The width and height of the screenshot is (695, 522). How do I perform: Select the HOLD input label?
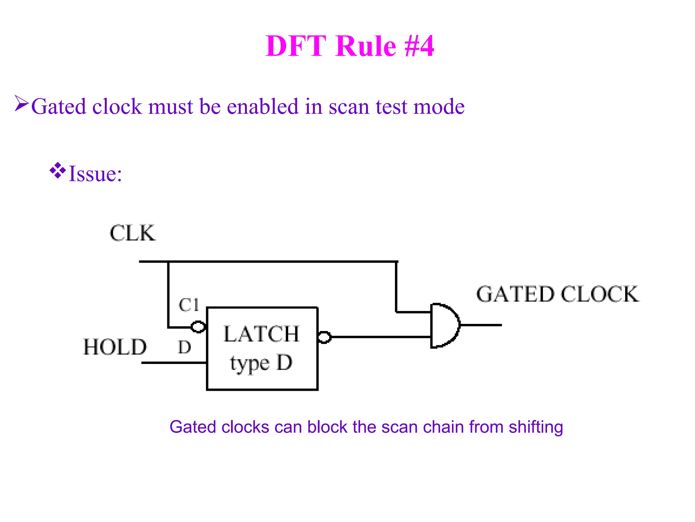(x=115, y=347)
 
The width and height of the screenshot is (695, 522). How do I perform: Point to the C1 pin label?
(x=189, y=305)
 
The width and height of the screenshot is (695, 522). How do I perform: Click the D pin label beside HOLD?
(x=185, y=348)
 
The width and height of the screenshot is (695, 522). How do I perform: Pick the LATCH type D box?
(x=262, y=349)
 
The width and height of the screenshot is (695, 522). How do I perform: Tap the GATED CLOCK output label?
(x=557, y=294)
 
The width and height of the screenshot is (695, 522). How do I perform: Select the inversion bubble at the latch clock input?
(x=198, y=327)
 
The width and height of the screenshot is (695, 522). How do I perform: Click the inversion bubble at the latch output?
(x=324, y=337)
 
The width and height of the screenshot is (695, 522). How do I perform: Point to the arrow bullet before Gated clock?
(x=21, y=103)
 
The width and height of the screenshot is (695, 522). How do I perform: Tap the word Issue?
(x=95, y=174)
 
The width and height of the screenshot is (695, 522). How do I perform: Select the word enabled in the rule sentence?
(x=263, y=106)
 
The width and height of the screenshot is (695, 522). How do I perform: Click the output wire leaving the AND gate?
(x=481, y=325)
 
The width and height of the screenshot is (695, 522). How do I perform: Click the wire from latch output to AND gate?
(x=380, y=337)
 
